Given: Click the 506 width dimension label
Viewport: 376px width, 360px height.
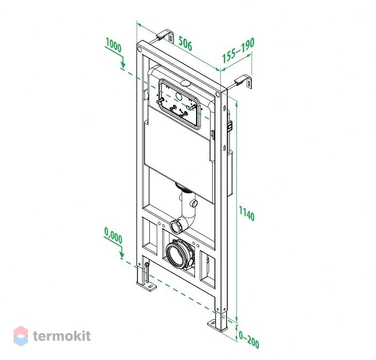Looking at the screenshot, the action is pyautogui.click(x=185, y=44).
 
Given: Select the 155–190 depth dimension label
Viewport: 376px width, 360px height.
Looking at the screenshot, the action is pyautogui.click(x=238, y=51).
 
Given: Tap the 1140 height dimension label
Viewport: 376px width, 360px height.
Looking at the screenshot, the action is pyautogui.click(x=247, y=213).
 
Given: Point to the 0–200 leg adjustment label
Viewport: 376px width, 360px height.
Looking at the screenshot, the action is pyautogui.click(x=249, y=340).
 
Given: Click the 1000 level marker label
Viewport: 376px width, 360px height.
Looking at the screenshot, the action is pyautogui.click(x=113, y=46).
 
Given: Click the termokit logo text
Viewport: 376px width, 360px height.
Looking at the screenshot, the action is pyautogui.click(x=62, y=335).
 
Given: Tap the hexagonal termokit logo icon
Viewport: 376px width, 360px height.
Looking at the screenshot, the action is pyautogui.click(x=20, y=336).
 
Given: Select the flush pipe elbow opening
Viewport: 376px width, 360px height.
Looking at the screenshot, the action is pyautogui.click(x=176, y=226).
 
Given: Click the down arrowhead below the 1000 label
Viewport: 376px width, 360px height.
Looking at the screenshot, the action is pyautogui.click(x=123, y=64).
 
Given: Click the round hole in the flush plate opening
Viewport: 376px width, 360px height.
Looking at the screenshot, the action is pyautogui.click(x=179, y=96).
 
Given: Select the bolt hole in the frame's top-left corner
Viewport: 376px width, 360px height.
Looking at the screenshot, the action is pyautogui.click(x=140, y=49).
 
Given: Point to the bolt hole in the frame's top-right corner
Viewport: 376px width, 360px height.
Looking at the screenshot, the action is pyautogui.click(x=218, y=94).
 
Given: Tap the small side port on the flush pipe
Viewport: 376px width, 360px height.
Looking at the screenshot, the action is pyautogui.click(x=193, y=204).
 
